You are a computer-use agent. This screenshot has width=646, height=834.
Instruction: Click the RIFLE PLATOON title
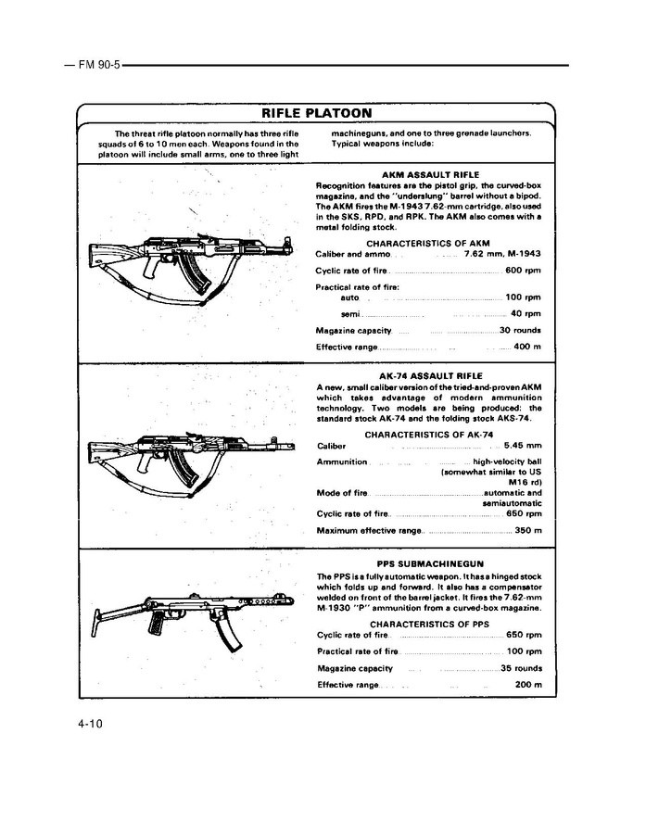pyautogui.click(x=316, y=114)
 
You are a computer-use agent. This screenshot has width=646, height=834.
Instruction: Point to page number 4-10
pyautogui.click(x=89, y=725)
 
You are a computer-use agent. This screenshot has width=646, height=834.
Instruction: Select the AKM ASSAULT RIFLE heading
pyautogui.click(x=430, y=173)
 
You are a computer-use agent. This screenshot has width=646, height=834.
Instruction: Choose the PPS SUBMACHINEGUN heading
pyautogui.click(x=430, y=563)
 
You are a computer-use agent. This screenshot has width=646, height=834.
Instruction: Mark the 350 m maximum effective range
pyautogui.click(x=526, y=530)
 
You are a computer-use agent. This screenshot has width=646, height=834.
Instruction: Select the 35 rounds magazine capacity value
pyautogui.click(x=521, y=667)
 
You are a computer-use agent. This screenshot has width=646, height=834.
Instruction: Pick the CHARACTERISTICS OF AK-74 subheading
pyautogui.click(x=428, y=434)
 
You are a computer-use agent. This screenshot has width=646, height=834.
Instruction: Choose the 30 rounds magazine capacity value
pyautogui.click(x=520, y=330)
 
